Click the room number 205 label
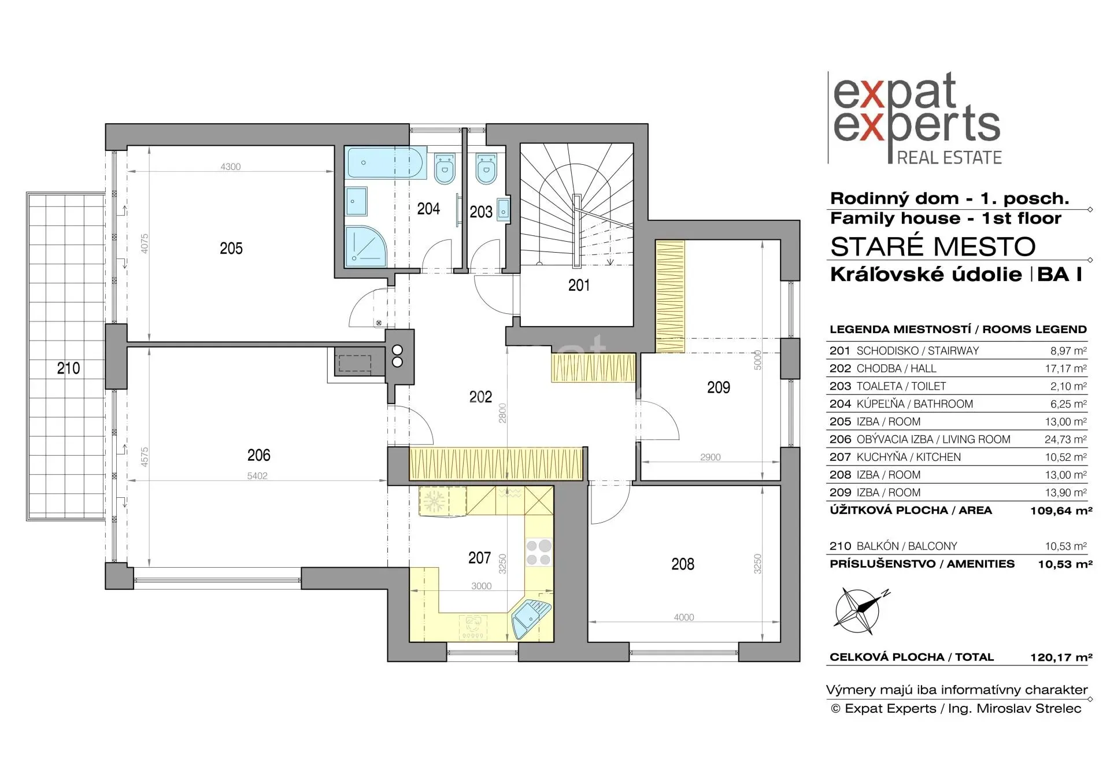pyautogui.click(x=231, y=249)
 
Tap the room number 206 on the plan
pyautogui.click(x=259, y=456)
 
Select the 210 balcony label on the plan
pyautogui.click(x=68, y=368)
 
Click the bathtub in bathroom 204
pyautogui.click(x=386, y=162)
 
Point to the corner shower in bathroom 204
pyautogui.click(x=365, y=246)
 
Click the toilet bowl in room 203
pyautogui.click(x=487, y=168)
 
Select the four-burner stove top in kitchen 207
pyautogui.click(x=538, y=552)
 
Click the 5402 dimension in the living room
pyautogui.click(x=257, y=476)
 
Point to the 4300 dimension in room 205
pyautogui.click(x=231, y=167)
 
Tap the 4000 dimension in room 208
pyautogui.click(x=684, y=617)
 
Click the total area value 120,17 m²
pyautogui.click(x=1061, y=657)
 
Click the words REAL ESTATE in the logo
pyautogui.click(x=949, y=157)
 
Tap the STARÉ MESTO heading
pyautogui.click(x=933, y=247)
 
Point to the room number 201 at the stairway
pyautogui.click(x=579, y=285)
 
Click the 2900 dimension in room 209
pyautogui.click(x=711, y=457)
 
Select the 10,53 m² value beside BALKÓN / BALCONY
pyautogui.click(x=1065, y=546)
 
